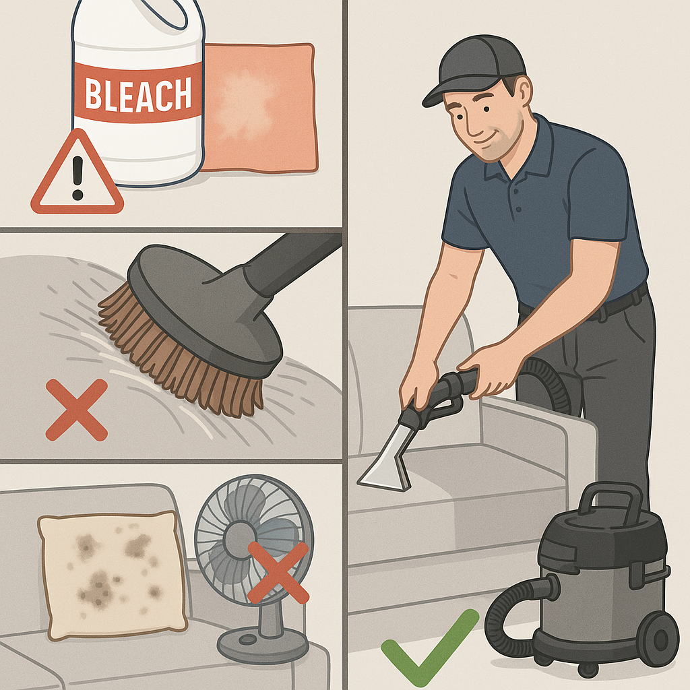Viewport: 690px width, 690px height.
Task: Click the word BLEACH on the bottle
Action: click(x=138, y=94)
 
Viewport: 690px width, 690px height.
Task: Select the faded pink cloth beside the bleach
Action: click(x=259, y=108)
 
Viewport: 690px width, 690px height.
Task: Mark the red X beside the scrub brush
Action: click(x=77, y=410)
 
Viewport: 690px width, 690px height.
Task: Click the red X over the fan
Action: click(x=278, y=572)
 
